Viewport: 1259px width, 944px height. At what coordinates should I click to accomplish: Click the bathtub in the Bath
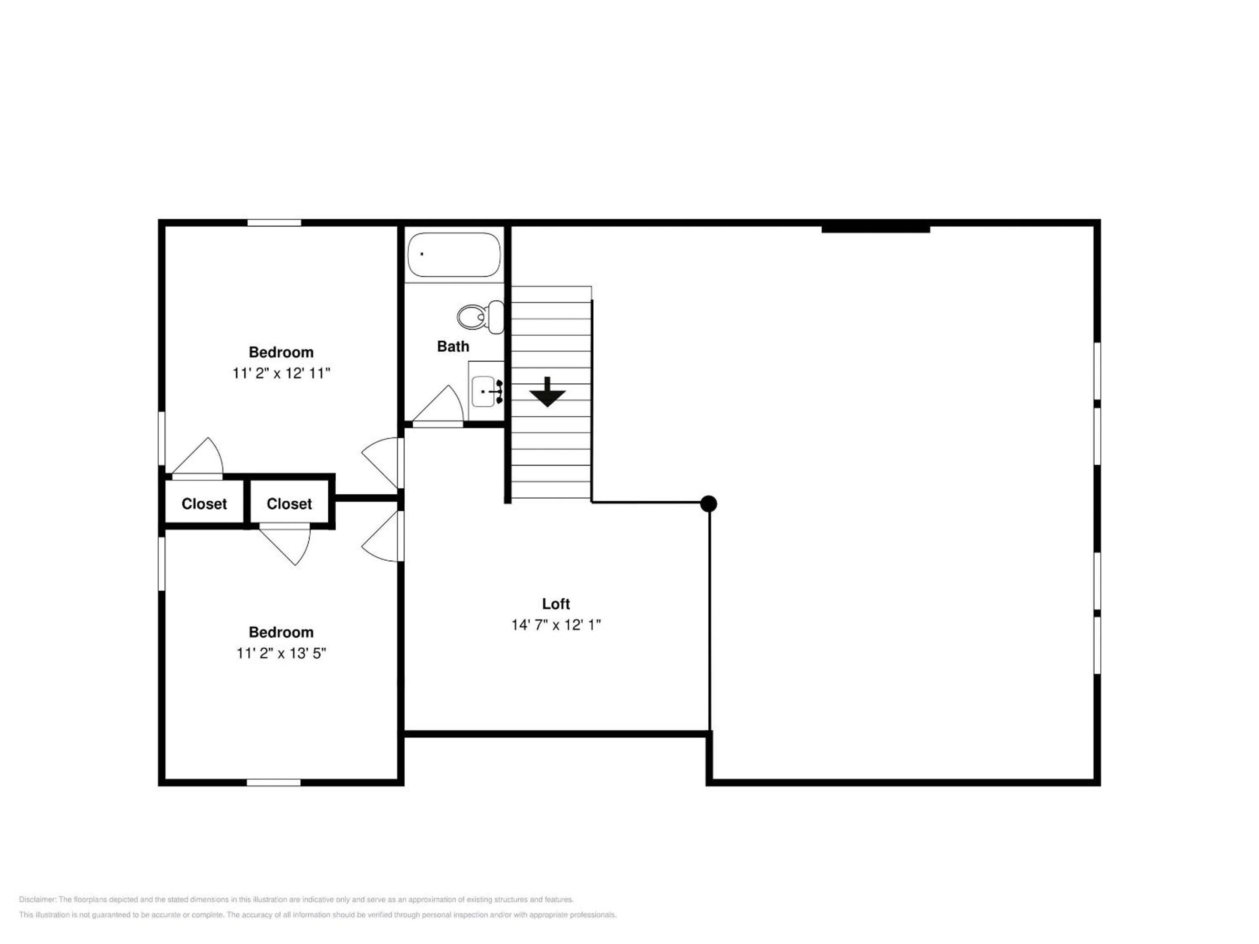point(454,254)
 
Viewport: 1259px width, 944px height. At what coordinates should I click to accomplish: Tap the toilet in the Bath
point(480,317)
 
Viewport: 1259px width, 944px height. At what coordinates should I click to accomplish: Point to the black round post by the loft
point(708,503)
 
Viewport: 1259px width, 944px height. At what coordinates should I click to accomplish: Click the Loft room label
point(556,604)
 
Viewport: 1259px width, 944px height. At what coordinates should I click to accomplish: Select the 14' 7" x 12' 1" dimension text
point(556,625)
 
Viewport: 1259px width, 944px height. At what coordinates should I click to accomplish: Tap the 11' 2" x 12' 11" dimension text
point(281,373)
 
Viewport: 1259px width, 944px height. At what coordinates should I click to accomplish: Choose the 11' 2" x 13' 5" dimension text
point(281,653)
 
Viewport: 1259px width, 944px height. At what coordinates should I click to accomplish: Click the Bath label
point(453,347)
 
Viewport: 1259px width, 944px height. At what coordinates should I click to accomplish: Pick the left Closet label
point(204,504)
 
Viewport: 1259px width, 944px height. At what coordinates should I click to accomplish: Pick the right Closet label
point(289,504)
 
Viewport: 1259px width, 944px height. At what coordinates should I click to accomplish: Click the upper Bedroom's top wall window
point(274,223)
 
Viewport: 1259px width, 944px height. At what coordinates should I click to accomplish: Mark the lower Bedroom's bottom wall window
point(273,782)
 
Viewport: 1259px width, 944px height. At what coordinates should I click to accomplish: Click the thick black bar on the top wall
point(875,229)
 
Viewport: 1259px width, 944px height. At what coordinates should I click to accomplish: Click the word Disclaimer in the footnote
point(37,899)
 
